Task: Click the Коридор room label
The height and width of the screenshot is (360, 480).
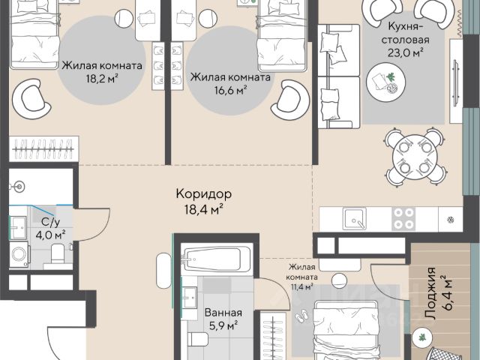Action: [x=204, y=193]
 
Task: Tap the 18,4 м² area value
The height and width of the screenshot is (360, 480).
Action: [x=203, y=209]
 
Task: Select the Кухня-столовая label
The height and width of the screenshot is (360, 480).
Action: [x=405, y=33]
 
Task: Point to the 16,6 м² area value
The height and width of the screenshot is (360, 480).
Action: [x=231, y=90]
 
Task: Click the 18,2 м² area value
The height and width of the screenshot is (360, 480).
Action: [x=102, y=79]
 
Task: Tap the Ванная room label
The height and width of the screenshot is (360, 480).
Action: [x=223, y=313]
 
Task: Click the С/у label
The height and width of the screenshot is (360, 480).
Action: [x=50, y=222]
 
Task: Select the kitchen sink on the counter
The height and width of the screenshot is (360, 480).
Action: [x=355, y=219]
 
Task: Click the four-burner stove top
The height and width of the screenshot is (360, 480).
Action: [x=403, y=219]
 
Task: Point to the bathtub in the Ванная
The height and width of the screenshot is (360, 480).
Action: [x=217, y=259]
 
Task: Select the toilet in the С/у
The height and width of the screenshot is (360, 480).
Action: [x=58, y=255]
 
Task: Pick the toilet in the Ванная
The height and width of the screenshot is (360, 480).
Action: [x=198, y=339]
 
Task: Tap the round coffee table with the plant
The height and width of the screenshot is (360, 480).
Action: [x=385, y=82]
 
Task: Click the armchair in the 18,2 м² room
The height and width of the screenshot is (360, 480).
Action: [x=31, y=99]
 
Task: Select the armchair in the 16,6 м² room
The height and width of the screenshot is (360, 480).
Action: [x=290, y=100]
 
